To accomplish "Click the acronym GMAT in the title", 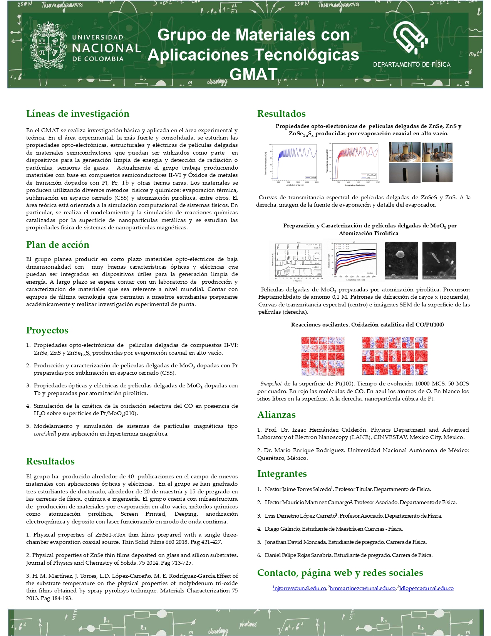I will (x=253, y=74).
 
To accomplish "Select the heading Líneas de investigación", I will (x=78, y=114).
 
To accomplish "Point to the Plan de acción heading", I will (x=58, y=245).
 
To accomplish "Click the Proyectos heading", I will (x=47, y=330).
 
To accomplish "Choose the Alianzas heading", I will (x=277, y=415).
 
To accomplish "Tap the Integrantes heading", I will (x=282, y=474).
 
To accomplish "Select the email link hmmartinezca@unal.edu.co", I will (x=363, y=588).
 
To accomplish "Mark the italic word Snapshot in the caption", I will (x=271, y=384).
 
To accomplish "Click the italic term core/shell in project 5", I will (x=45, y=434).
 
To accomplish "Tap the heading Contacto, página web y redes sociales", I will (x=340, y=573).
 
